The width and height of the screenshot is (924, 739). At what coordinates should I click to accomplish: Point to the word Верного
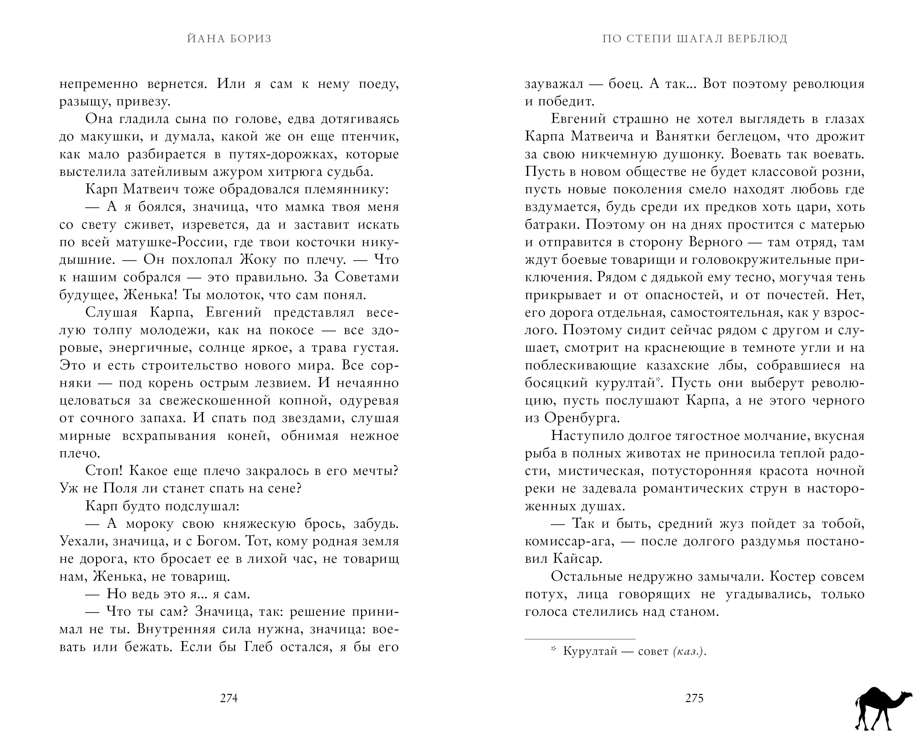coord(715,242)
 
